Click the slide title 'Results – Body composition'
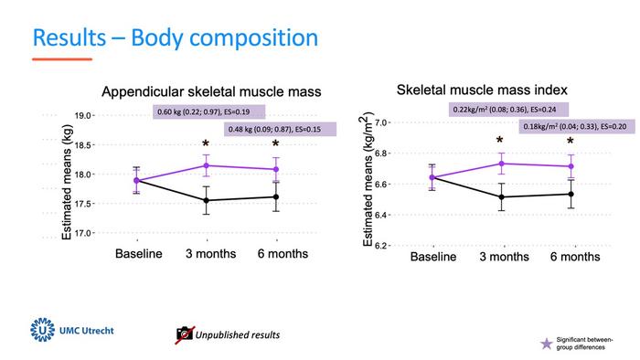(x=175, y=38)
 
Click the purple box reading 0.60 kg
(x=208, y=111)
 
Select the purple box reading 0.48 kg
(x=281, y=129)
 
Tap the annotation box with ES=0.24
(x=508, y=110)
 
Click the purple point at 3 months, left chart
(x=206, y=165)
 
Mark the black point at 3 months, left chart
(x=206, y=200)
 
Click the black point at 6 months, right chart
(x=571, y=194)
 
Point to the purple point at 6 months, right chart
(x=571, y=166)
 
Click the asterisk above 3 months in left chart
(x=206, y=145)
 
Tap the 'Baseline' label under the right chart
(x=432, y=257)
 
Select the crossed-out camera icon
(x=184, y=334)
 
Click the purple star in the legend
(x=548, y=343)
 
